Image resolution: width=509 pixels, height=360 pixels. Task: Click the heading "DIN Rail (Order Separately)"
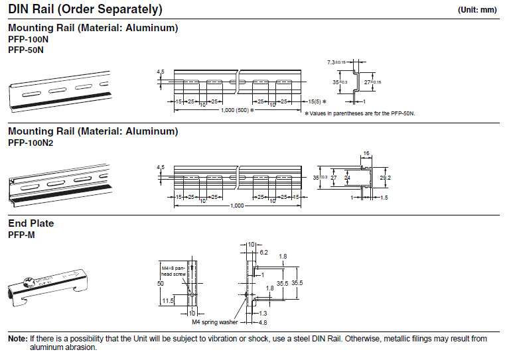[x=85, y=9]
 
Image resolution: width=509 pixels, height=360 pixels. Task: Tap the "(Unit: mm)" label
[x=477, y=10]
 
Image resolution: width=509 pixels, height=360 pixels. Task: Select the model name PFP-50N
[x=26, y=50]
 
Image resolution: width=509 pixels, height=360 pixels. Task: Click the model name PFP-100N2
[x=31, y=143]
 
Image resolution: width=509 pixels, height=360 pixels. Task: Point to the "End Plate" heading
[x=31, y=223]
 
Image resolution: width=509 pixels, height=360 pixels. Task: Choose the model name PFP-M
[x=21, y=235]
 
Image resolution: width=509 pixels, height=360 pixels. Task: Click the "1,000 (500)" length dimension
[x=235, y=110]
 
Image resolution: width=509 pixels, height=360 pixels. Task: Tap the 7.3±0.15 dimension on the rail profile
[x=336, y=62]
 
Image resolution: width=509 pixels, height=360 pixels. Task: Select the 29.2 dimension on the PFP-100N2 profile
[x=386, y=178]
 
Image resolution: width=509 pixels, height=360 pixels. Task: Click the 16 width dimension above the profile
[x=366, y=153]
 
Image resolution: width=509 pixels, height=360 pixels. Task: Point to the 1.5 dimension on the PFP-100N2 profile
[x=384, y=198]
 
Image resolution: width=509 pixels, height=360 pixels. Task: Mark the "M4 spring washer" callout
[x=215, y=322]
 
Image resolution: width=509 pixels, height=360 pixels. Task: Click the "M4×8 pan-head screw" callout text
[x=174, y=271]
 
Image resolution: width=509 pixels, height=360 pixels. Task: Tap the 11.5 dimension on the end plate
[x=168, y=300]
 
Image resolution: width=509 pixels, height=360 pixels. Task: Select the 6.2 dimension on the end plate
[x=263, y=253]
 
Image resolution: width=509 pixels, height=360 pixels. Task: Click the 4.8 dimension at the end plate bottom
[x=263, y=323]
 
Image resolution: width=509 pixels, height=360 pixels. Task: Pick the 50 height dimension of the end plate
[x=161, y=284]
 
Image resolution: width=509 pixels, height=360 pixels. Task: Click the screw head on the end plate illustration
[x=29, y=281]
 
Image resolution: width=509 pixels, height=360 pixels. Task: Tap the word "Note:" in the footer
[x=18, y=339]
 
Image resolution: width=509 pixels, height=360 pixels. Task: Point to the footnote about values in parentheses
[x=360, y=113]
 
